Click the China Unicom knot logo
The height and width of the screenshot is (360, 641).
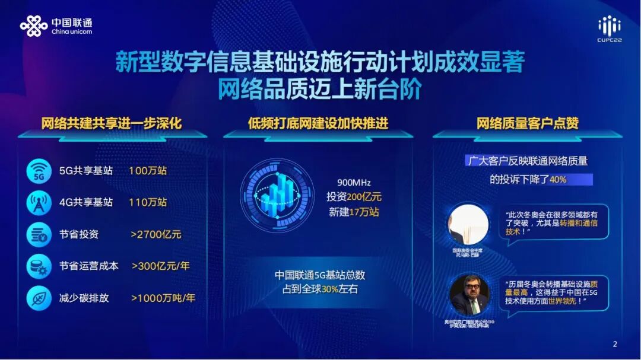pyautogui.click(x=33, y=26)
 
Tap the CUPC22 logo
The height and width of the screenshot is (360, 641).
pyautogui.click(x=609, y=28)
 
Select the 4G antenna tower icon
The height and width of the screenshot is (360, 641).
pyautogui.click(x=39, y=202)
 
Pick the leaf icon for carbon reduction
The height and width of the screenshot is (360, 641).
pyautogui.click(x=39, y=298)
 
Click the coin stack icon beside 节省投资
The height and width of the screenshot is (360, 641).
pyautogui.click(x=39, y=234)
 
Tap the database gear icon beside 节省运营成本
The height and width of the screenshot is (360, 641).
pyautogui.click(x=39, y=266)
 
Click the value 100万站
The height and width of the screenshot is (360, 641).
pyautogui.click(x=148, y=171)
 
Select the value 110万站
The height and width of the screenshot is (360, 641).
pyautogui.click(x=148, y=202)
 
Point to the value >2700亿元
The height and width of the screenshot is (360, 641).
pyautogui.click(x=156, y=234)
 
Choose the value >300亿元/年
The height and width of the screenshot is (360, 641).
pyautogui.click(x=160, y=266)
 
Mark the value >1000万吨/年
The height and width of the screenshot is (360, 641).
pyautogui.click(x=163, y=298)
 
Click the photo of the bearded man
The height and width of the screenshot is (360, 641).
pyautogui.click(x=468, y=295)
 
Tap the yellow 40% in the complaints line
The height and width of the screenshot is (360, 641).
pyautogui.click(x=558, y=179)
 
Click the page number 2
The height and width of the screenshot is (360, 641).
pyautogui.click(x=615, y=344)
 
